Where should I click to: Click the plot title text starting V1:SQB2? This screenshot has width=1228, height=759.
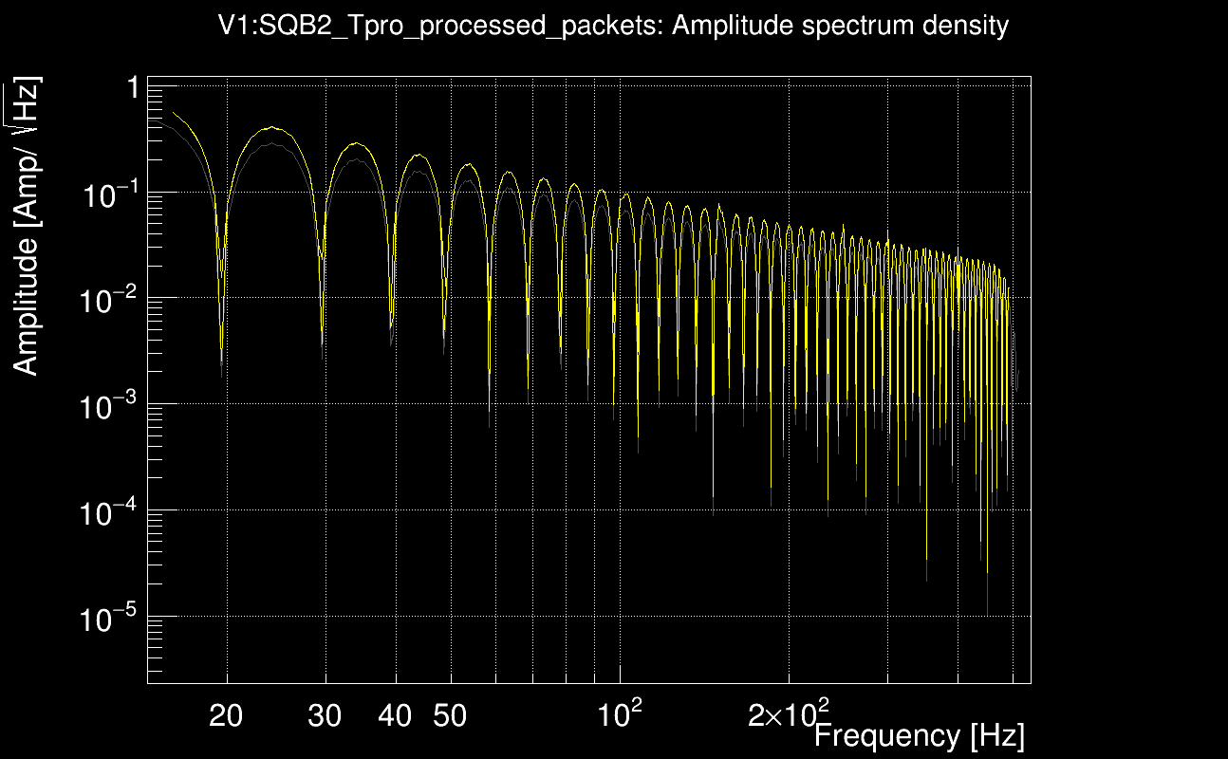pyautogui.click(x=613, y=26)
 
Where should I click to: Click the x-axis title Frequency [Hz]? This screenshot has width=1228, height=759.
pyautogui.click(x=919, y=735)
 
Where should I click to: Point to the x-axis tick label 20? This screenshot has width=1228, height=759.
pyautogui.click(x=226, y=716)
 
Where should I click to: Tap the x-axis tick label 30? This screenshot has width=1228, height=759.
pyautogui.click(x=326, y=716)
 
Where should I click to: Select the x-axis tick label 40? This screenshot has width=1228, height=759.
pyautogui.click(x=395, y=716)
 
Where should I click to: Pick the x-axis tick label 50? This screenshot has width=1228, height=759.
pyautogui.click(x=450, y=716)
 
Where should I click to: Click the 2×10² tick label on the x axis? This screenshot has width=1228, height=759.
pyautogui.click(x=788, y=713)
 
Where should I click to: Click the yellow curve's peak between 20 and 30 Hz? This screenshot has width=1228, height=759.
pyautogui.click(x=272, y=127)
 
